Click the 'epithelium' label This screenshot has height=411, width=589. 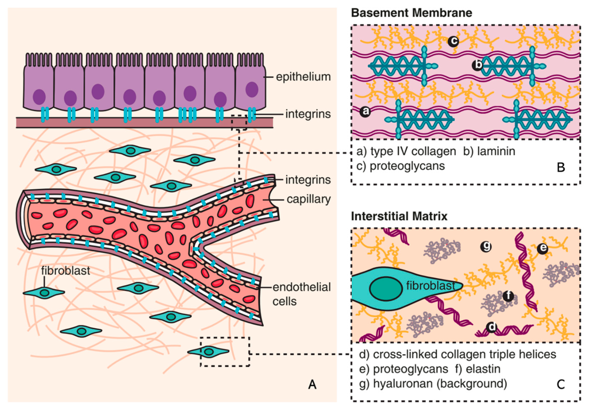click(303, 77)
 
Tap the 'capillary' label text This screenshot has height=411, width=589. click(309, 199)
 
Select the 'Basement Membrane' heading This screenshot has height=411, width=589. click(411, 13)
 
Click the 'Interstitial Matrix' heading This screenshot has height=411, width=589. click(399, 216)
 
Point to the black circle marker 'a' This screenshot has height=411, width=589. click(365, 112)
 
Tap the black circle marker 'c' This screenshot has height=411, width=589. click(454, 41)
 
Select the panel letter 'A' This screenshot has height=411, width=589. click(312, 384)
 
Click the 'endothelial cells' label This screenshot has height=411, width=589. click(301, 295)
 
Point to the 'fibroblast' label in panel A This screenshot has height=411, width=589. click(66, 271)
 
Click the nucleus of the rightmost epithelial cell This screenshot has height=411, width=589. click(252, 90)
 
